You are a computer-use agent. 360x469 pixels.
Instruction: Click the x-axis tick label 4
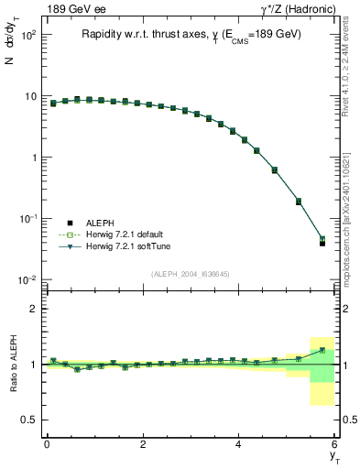(x=239, y=444)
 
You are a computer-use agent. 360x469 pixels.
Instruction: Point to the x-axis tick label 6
(x=335, y=444)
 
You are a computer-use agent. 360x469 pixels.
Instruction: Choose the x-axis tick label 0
(x=47, y=444)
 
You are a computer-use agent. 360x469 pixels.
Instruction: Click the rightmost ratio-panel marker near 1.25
(x=322, y=351)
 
